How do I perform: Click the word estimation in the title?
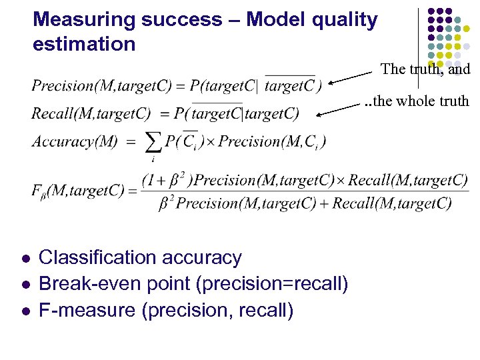[84, 45]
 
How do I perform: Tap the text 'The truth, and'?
[425, 69]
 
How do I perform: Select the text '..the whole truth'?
[417, 101]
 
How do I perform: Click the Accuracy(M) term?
[74, 141]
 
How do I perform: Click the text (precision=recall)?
[272, 284]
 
